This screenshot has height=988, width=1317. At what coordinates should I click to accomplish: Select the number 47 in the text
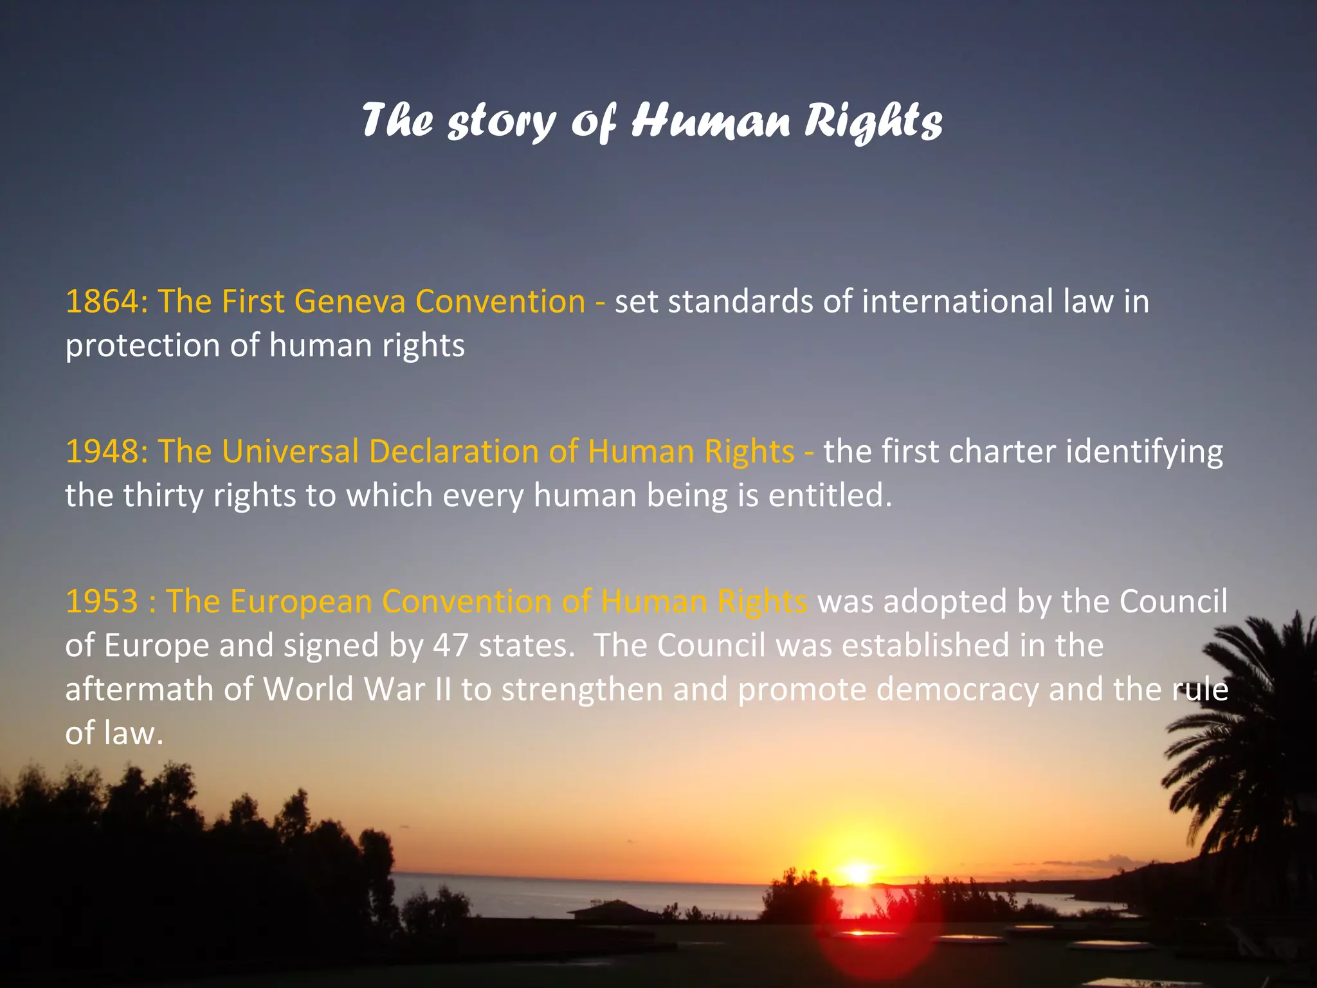click(450, 645)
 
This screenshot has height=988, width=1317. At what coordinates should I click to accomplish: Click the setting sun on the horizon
click(858, 872)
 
